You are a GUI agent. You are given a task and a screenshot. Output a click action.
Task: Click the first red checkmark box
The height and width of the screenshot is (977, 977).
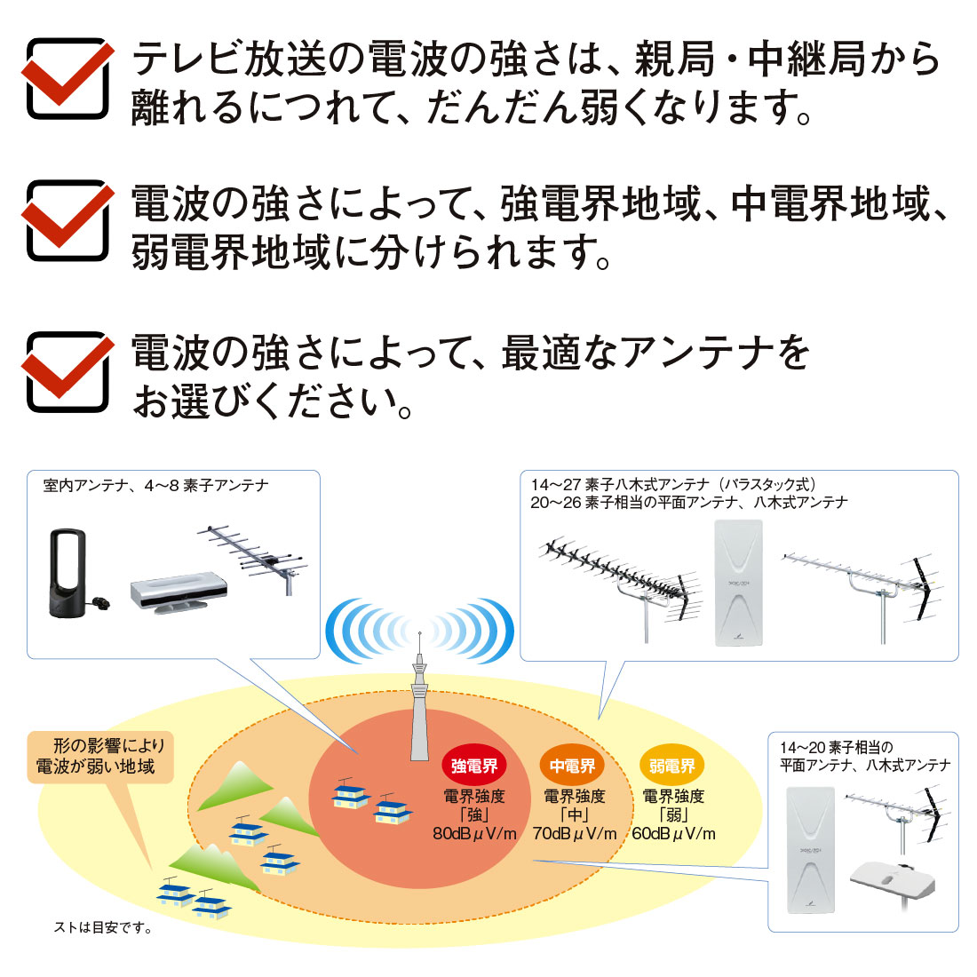[68, 78]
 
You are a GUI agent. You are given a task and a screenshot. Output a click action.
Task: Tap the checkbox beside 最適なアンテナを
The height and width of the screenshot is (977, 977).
[68, 371]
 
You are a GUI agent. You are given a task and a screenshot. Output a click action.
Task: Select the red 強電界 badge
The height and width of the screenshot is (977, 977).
[474, 766]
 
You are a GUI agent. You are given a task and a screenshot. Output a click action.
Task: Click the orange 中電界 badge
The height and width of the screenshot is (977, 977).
[573, 766]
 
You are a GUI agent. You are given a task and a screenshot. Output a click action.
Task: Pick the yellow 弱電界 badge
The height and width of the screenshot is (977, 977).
[671, 766]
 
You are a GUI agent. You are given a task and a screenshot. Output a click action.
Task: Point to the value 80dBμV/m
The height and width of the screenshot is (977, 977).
[474, 834]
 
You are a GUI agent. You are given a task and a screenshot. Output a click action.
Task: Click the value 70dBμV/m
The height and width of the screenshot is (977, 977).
[575, 834]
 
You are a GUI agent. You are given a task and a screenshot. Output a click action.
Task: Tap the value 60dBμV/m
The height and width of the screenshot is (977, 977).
[673, 834]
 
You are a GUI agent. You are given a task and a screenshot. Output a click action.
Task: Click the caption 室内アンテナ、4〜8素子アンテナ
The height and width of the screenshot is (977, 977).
[155, 486]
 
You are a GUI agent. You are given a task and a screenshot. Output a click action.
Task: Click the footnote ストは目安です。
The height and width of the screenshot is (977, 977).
[103, 928]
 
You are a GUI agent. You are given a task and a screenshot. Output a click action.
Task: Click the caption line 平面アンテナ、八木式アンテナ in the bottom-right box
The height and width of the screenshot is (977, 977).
[865, 765]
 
